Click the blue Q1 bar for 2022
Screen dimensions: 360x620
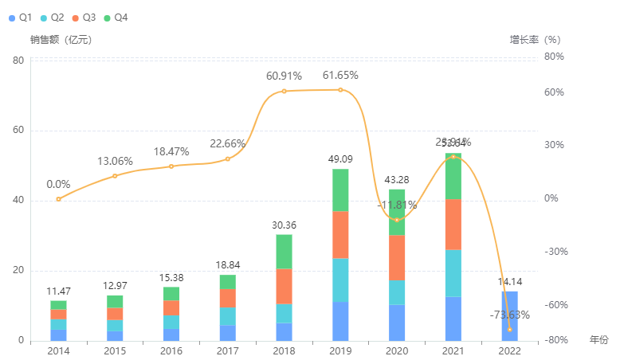[509, 316]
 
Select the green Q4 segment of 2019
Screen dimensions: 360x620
[340, 190]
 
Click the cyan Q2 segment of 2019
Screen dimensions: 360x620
[340, 280]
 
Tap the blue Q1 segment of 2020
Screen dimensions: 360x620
[397, 323]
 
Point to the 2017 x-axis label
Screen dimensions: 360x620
[228, 350]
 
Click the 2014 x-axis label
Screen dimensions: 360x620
[58, 350]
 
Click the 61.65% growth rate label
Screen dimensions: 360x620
[340, 76]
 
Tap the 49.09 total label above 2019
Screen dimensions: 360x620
[340, 159]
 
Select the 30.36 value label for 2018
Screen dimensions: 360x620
[284, 225]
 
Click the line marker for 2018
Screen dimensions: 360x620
[284, 91]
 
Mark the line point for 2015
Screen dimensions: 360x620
[115, 175]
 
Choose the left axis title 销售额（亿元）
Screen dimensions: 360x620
[61, 39]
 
